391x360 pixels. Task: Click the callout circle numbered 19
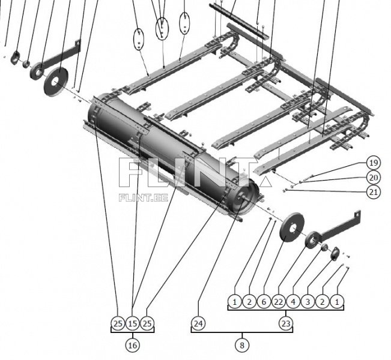tap(374, 163)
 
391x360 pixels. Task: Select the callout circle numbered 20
tap(374, 178)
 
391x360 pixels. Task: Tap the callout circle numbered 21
tap(374, 192)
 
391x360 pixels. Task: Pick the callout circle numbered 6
tap(264, 302)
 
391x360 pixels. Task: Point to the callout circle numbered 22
tap(279, 302)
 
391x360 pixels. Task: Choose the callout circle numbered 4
tap(293, 302)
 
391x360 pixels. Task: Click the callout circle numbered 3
tap(308, 302)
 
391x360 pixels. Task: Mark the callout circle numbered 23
tap(286, 323)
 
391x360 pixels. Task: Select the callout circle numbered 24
tap(198, 323)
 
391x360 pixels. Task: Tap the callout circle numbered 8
tap(242, 346)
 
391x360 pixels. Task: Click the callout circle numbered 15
tap(132, 323)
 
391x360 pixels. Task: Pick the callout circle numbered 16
tap(132, 346)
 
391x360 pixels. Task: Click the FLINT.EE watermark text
tap(144, 197)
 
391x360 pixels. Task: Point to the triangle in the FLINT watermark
tap(265, 182)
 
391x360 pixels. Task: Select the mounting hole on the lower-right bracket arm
tap(358, 214)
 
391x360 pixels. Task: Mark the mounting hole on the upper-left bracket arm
tap(78, 43)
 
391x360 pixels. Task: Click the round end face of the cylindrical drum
tap(243, 199)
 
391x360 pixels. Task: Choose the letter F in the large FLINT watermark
tap(129, 172)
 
